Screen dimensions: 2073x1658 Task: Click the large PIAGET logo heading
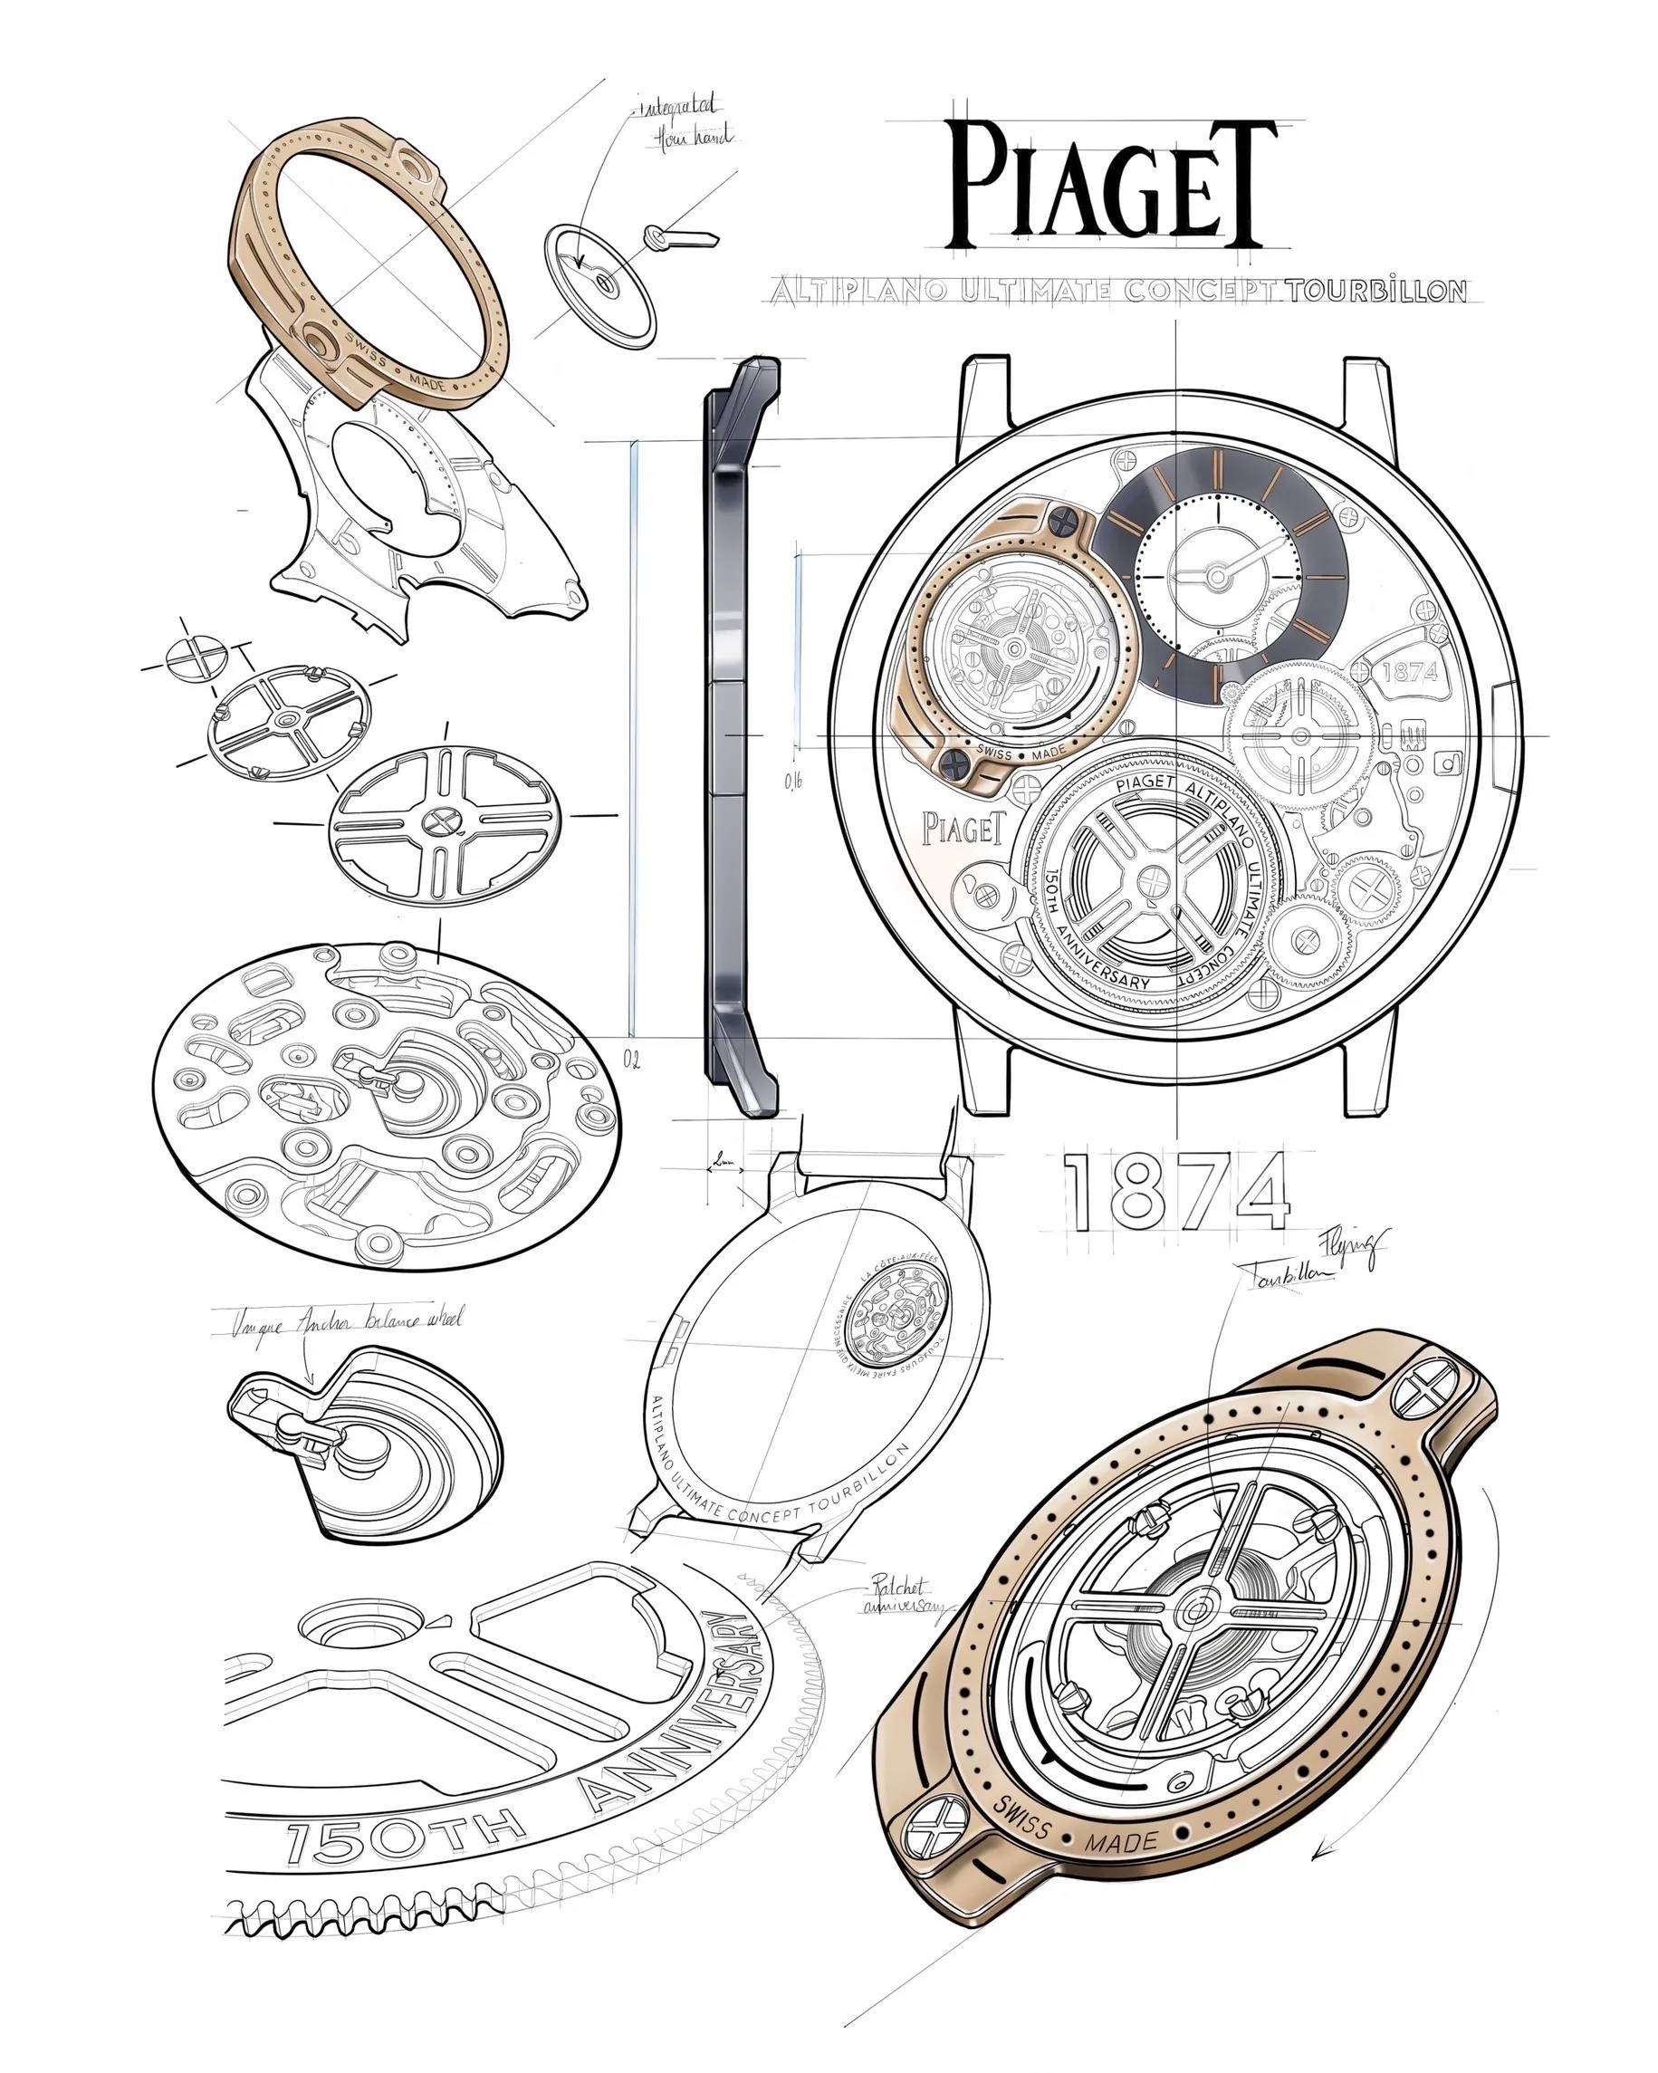click(1112, 186)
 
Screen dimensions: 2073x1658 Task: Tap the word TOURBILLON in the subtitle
click(1376, 291)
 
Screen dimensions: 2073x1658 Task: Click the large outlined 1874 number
click(1175, 1192)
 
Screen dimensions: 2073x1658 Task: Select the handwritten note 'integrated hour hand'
click(684, 122)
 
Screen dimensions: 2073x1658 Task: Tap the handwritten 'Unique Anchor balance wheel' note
click(346, 1322)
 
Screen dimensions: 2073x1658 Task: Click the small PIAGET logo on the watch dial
click(964, 827)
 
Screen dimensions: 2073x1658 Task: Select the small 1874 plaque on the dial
click(1408, 671)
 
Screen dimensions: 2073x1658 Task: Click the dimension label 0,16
click(793, 781)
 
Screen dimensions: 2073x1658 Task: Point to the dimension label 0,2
click(631, 1060)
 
